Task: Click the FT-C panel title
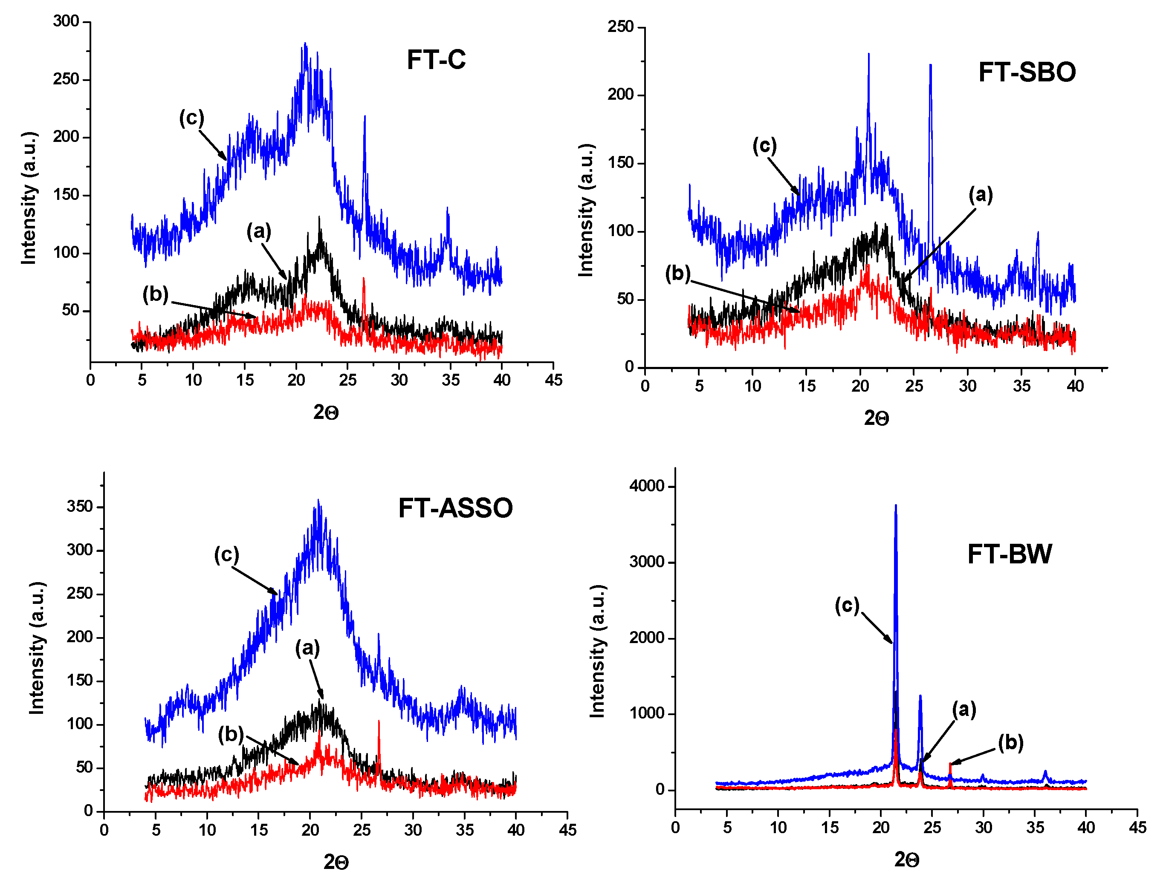click(436, 60)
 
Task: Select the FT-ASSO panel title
click(455, 508)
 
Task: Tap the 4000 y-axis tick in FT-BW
click(646, 486)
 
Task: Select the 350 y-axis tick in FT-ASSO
click(80, 506)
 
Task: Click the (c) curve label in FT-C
click(191, 118)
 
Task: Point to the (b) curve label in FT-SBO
click(677, 274)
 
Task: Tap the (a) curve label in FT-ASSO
click(307, 647)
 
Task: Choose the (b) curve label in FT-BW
click(1010, 742)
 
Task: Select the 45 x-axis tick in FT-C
click(553, 380)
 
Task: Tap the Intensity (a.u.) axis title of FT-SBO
click(586, 210)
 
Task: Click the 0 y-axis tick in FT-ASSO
click(89, 811)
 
